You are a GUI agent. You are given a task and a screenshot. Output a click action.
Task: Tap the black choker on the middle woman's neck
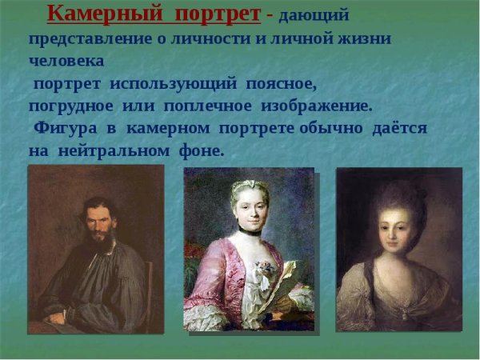click(250, 231)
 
